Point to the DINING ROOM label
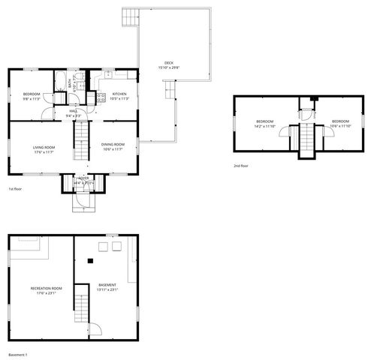point(113,145)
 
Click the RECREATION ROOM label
point(46,289)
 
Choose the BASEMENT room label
point(107,286)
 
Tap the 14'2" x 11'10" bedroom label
point(265,123)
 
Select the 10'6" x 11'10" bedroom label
point(340,123)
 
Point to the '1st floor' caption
point(15,189)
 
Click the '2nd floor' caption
point(240,166)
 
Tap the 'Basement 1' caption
point(17,354)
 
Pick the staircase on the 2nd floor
point(306,140)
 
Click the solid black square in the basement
point(91,261)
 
